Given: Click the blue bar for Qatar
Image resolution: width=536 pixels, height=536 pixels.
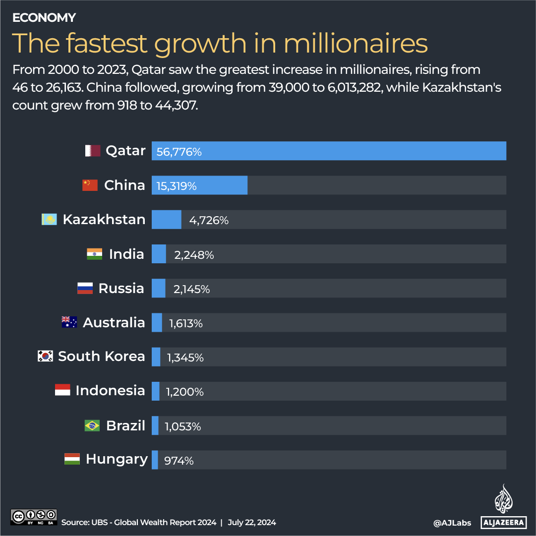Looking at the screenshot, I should (328, 151).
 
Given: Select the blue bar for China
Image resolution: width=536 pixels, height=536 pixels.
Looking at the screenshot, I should (199, 185).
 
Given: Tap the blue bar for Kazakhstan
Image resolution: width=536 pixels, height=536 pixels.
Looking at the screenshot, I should (166, 219).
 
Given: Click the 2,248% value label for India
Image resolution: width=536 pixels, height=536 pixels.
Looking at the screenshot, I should (194, 255).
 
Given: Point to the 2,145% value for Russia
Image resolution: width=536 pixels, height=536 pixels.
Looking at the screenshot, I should (191, 289).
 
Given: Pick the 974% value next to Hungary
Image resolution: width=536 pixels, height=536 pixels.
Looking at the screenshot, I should (179, 461).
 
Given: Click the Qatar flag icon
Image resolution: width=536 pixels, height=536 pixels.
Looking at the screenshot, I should (92, 151).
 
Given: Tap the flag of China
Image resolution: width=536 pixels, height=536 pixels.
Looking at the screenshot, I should (90, 185).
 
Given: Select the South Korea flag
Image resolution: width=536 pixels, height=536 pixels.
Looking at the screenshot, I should (45, 356).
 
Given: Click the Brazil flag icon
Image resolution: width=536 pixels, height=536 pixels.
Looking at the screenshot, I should (92, 425).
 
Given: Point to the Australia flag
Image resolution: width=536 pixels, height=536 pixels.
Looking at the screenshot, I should (69, 322).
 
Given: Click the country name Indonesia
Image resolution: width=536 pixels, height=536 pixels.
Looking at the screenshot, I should (110, 391).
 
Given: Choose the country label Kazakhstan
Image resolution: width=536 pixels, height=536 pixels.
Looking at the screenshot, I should (104, 219).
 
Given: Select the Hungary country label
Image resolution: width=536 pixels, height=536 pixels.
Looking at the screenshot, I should (117, 459).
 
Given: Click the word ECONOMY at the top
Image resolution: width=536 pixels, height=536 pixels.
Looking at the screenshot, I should (44, 18).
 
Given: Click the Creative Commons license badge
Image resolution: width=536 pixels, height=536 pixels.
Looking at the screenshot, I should (34, 517).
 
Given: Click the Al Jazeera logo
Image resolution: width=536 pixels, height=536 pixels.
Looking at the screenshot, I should (504, 506).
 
